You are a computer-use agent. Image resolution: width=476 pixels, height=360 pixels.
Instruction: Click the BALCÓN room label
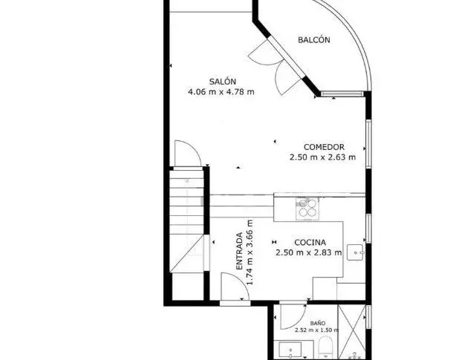314,40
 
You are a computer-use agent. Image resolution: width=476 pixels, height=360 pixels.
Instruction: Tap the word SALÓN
223,82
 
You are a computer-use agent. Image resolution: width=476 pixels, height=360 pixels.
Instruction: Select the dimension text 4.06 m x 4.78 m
221,91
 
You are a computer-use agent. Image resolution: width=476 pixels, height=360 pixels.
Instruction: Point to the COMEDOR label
324,147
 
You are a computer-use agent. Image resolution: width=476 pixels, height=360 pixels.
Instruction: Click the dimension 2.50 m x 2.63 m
322,157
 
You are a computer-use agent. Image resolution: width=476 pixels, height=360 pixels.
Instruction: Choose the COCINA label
310,243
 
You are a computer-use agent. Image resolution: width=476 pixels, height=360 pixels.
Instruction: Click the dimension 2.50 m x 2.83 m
309,252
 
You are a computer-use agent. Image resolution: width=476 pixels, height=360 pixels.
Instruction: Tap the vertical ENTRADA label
240,251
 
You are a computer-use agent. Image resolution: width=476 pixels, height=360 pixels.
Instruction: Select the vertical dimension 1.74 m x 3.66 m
250,252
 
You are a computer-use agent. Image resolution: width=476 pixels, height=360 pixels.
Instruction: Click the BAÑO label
318,324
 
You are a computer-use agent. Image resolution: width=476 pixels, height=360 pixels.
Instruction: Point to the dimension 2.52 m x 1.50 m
316,330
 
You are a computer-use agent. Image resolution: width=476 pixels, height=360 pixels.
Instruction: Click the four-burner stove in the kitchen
307,209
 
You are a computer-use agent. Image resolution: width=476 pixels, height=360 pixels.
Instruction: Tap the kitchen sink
355,252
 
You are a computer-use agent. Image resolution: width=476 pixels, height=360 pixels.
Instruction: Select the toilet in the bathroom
326,347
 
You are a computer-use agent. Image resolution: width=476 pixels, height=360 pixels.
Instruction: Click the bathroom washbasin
290,350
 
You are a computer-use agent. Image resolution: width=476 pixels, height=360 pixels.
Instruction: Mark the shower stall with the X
352,332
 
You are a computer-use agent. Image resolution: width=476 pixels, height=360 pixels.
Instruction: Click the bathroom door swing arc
298,321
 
